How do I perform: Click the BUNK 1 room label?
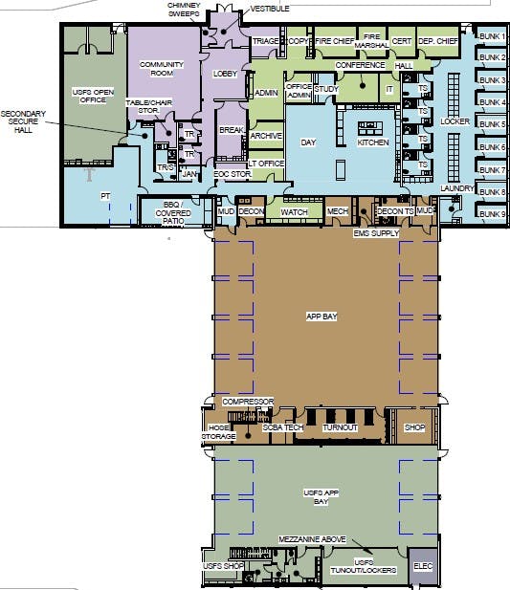coord(492,36)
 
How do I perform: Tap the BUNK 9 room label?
coord(492,213)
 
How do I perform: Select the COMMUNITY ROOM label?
coord(161,69)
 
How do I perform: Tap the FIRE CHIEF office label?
coord(335,41)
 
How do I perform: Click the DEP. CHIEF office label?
coord(439,41)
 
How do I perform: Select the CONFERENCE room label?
coord(360,65)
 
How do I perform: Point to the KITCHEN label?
coord(372,142)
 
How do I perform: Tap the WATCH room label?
coord(294,211)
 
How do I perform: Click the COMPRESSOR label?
coord(249,402)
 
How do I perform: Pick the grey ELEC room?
coord(423,566)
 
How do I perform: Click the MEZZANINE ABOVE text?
coord(310,540)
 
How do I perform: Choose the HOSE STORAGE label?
coord(218,432)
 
